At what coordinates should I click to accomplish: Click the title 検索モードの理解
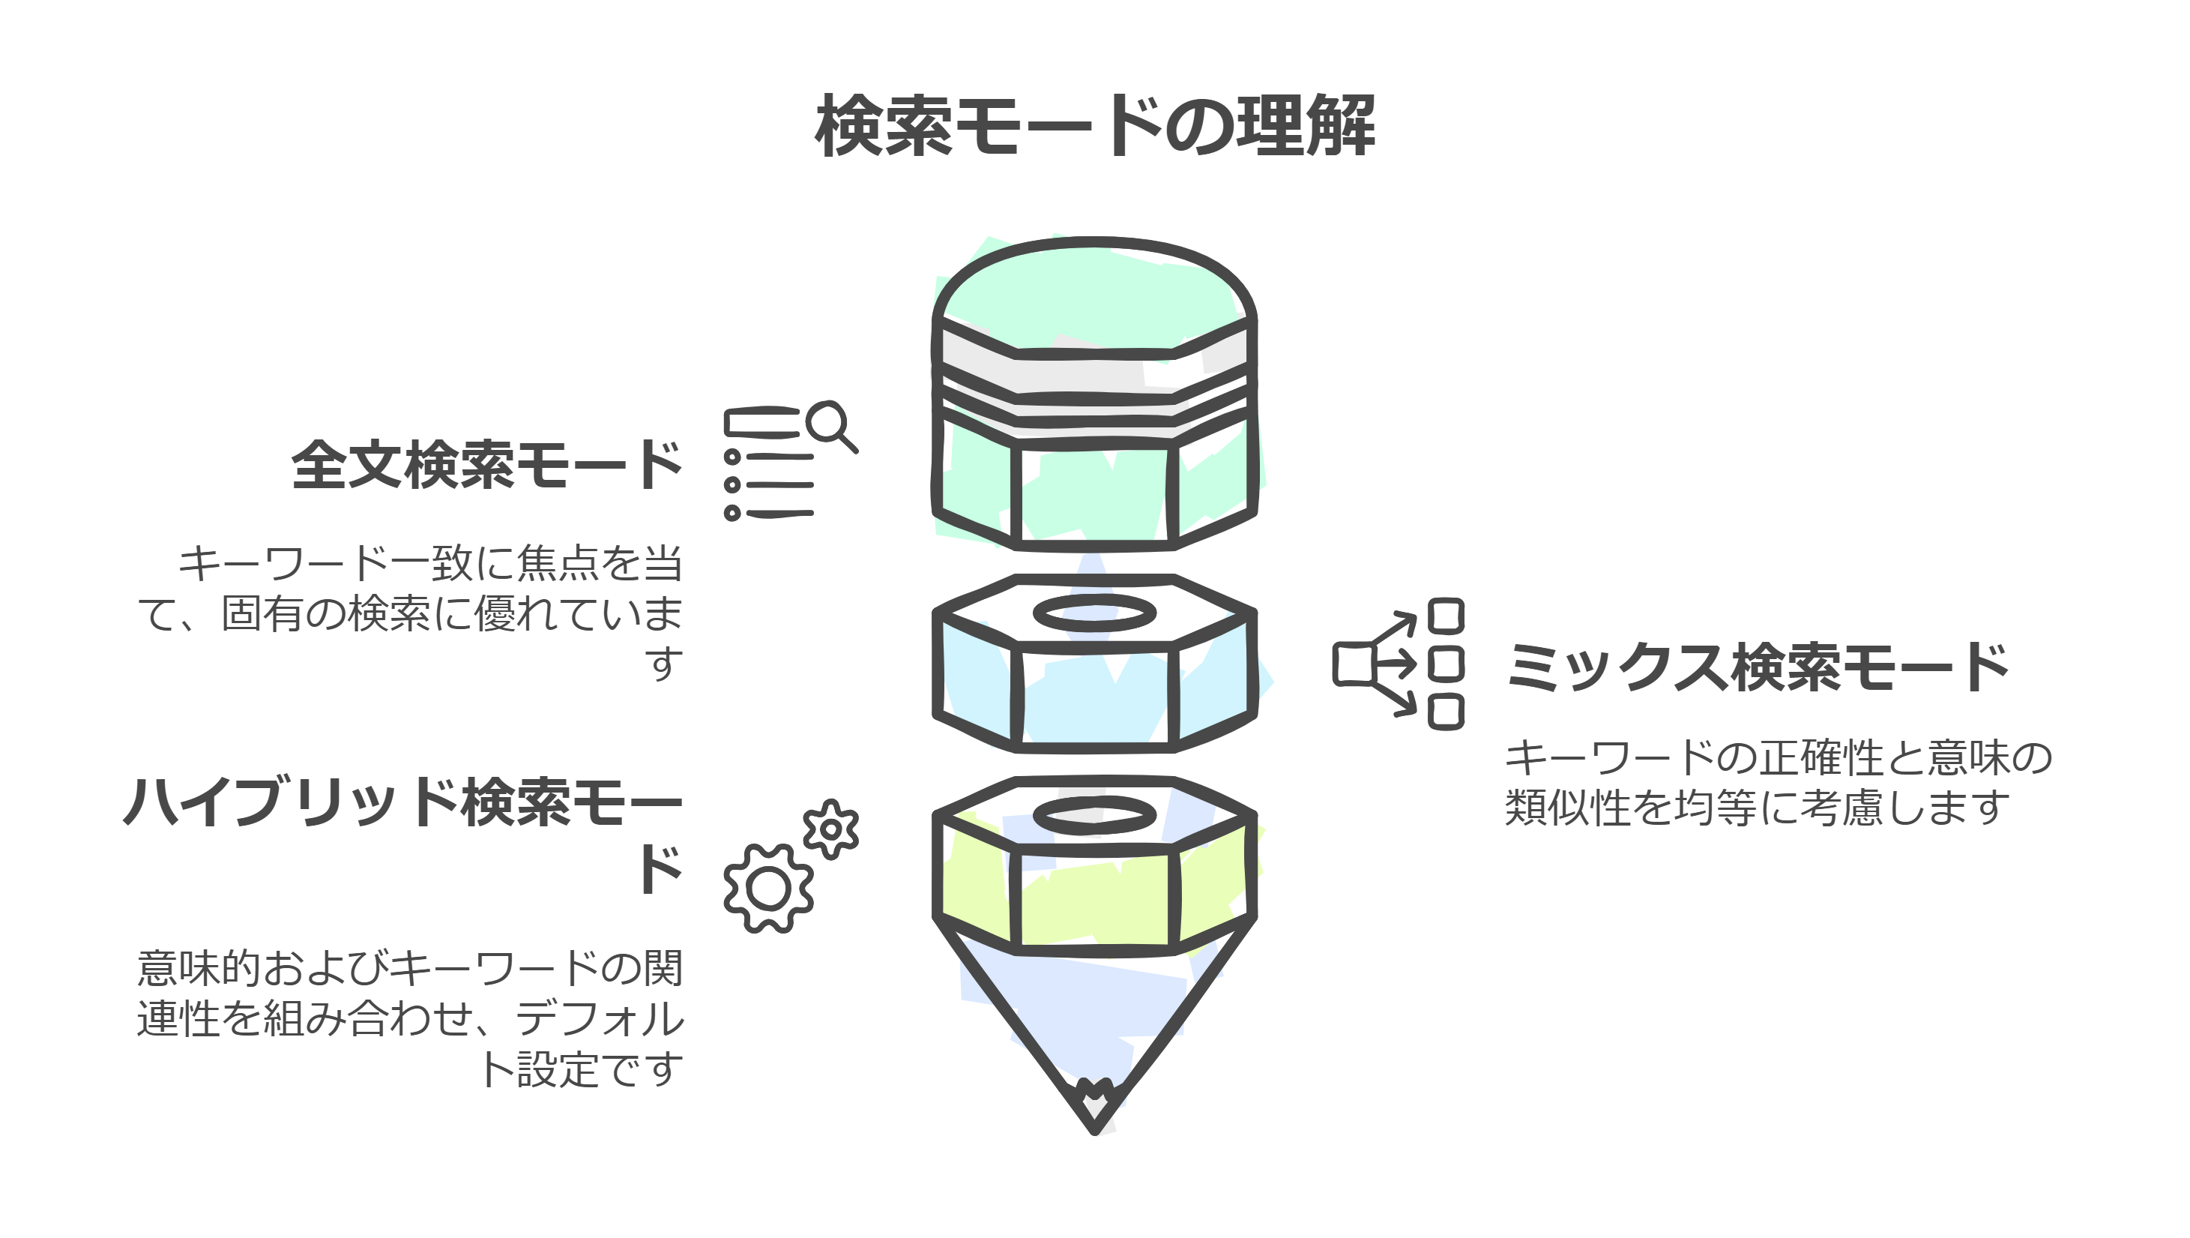coord(1094,127)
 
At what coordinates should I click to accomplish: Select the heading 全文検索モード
coord(486,466)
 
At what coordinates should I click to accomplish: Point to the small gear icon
coord(830,829)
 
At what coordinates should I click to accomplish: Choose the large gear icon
coord(768,889)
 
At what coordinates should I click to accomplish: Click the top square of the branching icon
coord(1445,616)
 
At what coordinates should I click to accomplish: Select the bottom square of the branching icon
coord(1445,712)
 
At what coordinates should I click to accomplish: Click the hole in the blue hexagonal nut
coord(1094,613)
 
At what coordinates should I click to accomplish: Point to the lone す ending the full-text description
coord(664,663)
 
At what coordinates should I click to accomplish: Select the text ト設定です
coord(582,1069)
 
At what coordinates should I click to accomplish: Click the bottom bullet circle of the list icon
coord(732,513)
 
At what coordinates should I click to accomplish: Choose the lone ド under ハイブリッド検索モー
coord(660,869)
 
